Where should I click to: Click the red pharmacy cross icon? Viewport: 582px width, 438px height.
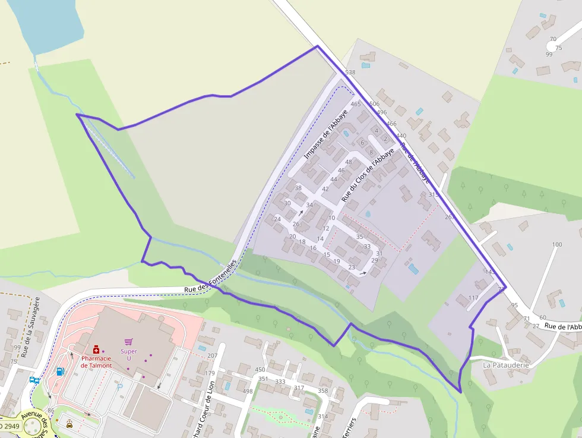tap(96, 350)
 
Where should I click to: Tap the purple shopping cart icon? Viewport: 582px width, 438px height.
tap(128, 342)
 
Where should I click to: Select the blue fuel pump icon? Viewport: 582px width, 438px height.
tap(60, 371)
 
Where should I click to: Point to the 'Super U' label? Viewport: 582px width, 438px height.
tap(128, 354)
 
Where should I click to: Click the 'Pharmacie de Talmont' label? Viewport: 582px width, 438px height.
tap(96, 362)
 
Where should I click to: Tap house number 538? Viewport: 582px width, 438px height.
tap(350, 73)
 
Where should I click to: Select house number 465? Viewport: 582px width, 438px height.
tap(356, 104)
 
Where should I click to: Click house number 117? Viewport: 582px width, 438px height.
tap(473, 298)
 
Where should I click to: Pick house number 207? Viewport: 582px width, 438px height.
tap(212, 355)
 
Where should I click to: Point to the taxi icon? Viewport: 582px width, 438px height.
tap(69, 424)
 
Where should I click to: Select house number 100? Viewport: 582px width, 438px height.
tap(556, 245)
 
